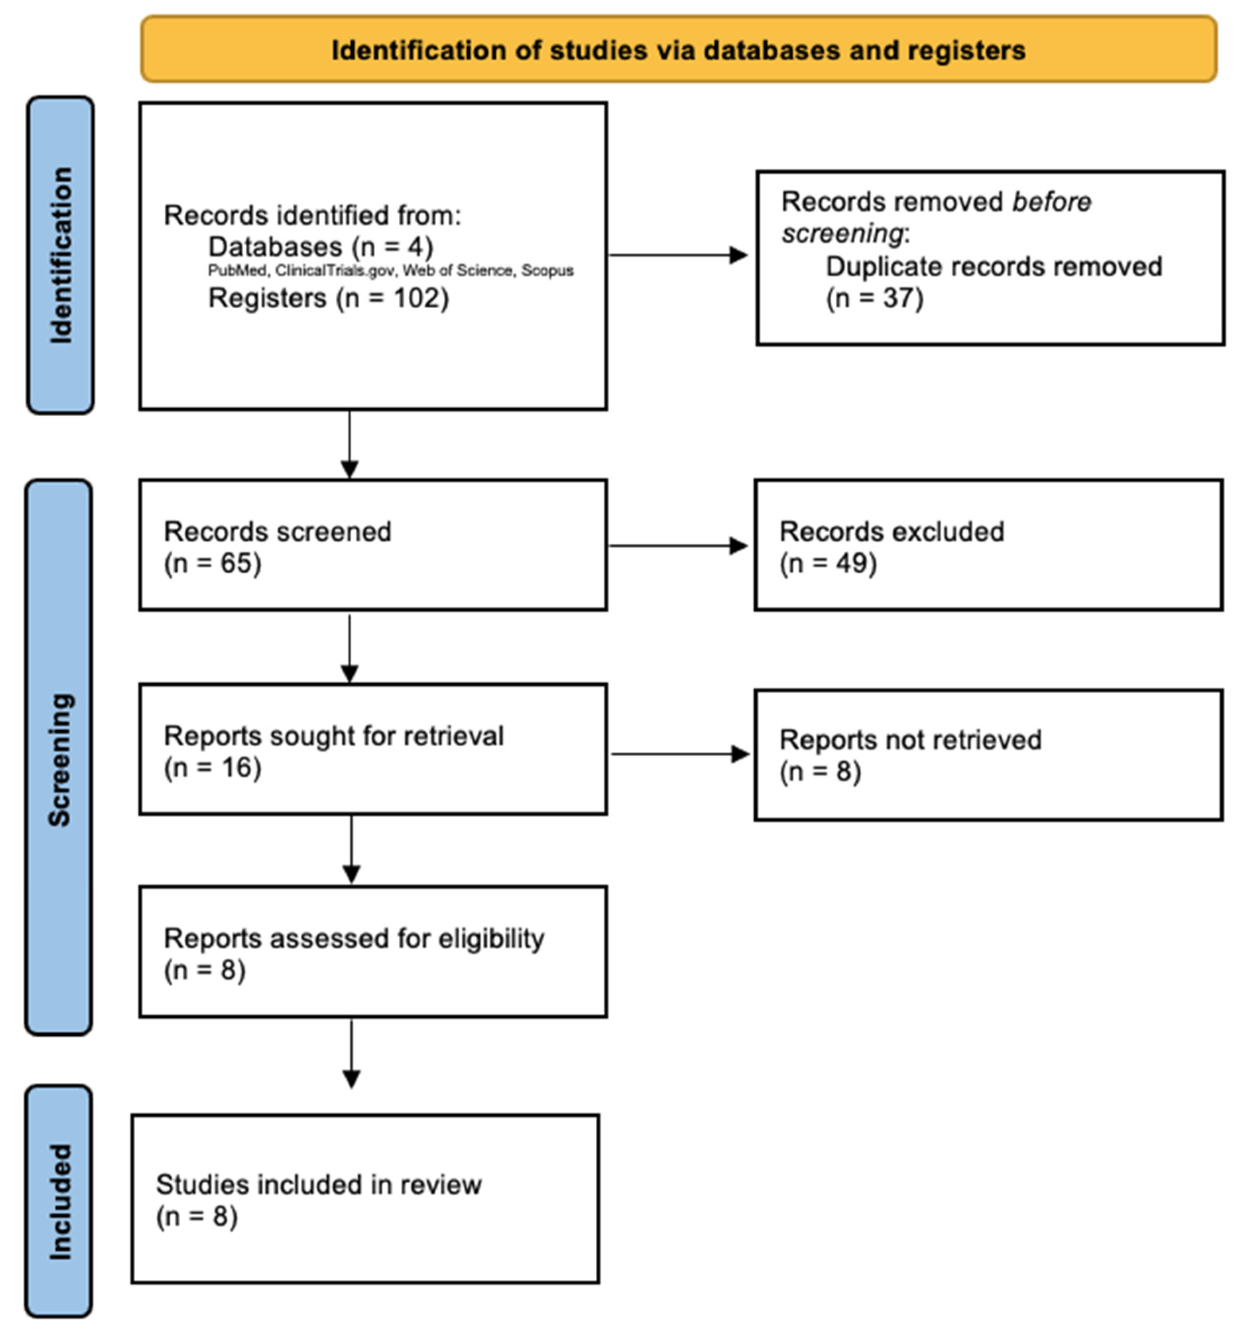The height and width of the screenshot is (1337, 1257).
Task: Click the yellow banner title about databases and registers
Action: point(678,50)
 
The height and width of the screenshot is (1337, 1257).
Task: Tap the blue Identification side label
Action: point(61,255)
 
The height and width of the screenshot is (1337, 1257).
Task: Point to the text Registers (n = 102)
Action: point(328,298)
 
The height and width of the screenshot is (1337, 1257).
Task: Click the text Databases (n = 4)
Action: point(320,247)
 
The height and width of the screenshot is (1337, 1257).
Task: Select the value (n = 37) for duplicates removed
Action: point(874,298)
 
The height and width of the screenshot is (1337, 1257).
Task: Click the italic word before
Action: point(1051,202)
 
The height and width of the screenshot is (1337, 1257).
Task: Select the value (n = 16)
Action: point(213,767)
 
